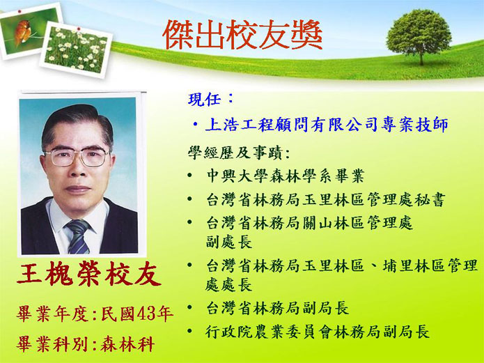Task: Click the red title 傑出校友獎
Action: (x=242, y=34)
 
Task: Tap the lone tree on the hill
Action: (x=419, y=36)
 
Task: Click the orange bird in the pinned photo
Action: (x=22, y=32)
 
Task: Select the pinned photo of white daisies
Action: (x=76, y=49)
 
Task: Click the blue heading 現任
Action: (x=204, y=99)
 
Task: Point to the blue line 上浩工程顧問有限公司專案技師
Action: (x=327, y=125)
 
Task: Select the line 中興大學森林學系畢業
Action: (x=286, y=176)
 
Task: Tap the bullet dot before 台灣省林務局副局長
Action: (x=189, y=307)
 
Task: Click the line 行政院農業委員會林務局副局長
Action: (x=318, y=332)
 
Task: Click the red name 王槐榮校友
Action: (x=89, y=274)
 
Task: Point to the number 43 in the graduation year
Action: (x=146, y=314)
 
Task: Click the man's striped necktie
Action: (x=78, y=235)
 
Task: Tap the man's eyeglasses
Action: (x=77, y=157)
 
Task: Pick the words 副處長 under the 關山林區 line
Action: (x=229, y=242)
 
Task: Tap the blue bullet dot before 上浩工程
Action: (x=195, y=125)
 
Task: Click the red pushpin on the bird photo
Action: (x=19, y=12)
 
